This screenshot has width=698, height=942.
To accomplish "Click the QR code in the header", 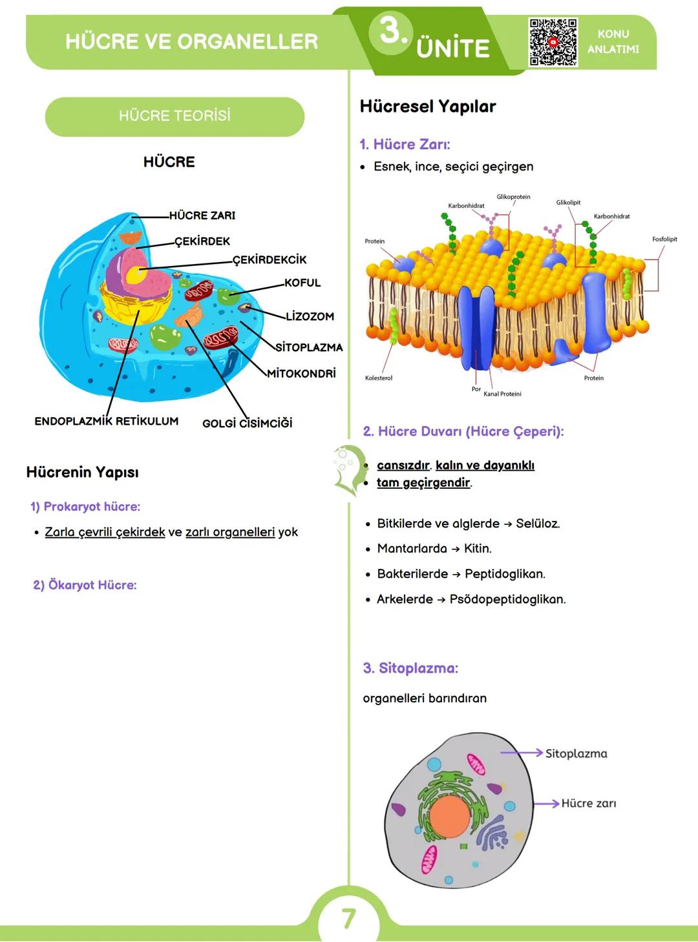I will (553, 42).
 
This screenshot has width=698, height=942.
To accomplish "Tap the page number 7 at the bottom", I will (348, 918).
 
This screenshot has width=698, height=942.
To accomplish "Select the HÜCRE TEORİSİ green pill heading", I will (174, 116).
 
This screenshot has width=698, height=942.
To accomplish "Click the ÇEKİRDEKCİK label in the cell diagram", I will (270, 260).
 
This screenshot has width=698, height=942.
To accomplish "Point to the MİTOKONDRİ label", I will (302, 374).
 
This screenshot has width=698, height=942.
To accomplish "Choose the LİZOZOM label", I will (310, 316).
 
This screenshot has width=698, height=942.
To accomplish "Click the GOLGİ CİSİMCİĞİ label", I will (247, 423).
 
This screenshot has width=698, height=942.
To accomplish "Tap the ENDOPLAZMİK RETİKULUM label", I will (107, 421).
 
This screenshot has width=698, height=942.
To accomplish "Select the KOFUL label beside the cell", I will (302, 283).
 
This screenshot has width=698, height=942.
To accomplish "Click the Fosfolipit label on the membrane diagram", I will (664, 240).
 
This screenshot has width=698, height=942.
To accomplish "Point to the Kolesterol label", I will (379, 378).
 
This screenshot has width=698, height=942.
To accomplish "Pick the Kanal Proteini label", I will (502, 394).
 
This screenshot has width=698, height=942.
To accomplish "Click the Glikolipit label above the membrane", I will (568, 203).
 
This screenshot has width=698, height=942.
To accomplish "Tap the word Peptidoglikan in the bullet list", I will (505, 574).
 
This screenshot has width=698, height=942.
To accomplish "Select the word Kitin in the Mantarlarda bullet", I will (478, 549).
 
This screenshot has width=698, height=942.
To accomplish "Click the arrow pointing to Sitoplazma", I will (521, 753).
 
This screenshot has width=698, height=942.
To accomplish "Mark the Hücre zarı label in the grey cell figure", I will (589, 803).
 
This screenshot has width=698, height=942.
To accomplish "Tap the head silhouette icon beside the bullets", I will (348, 470).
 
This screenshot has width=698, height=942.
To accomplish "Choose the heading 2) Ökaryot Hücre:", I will (85, 585).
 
